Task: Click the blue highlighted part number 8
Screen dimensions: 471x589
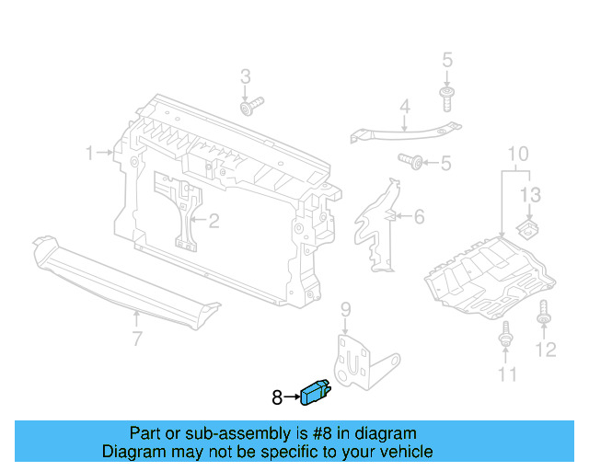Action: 315,393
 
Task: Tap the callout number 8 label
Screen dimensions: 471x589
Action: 277,398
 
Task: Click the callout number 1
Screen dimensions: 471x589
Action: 90,153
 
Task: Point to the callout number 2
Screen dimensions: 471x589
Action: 214,221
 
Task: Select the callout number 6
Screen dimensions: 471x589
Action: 419,217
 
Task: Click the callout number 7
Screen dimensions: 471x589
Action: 136,340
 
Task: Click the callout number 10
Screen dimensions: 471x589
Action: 517,153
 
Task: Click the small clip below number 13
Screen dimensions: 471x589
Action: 528,225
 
